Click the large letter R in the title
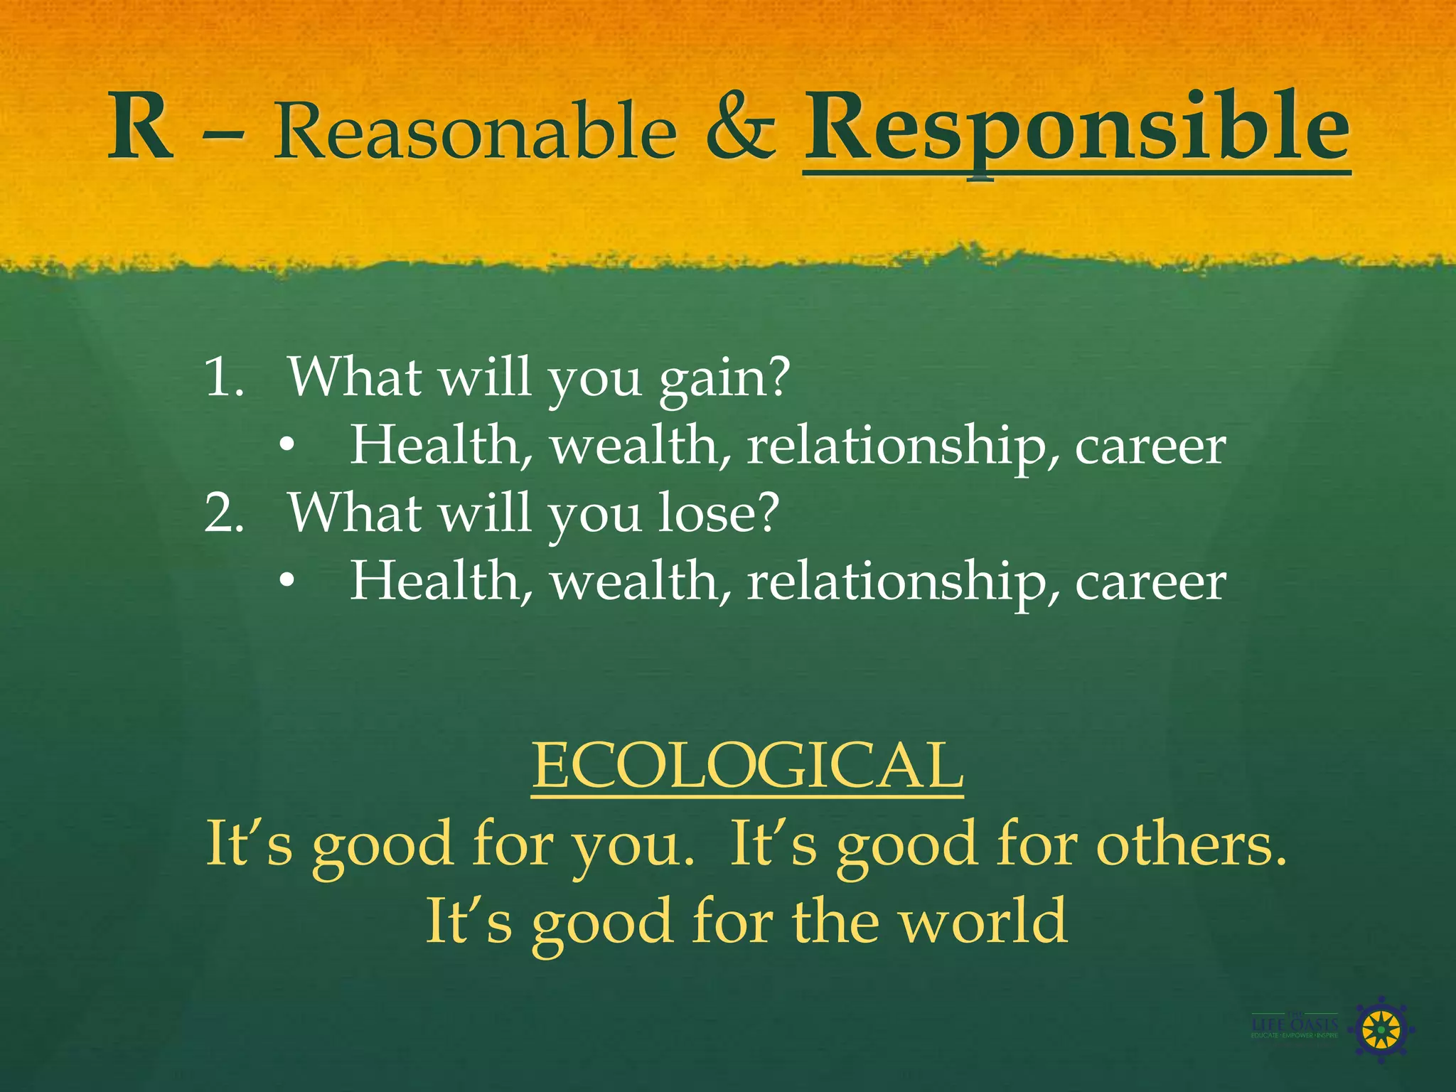140,129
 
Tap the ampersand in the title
740,129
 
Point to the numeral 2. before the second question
223,513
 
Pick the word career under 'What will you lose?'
1150,583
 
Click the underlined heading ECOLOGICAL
747,766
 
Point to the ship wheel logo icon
1381,1029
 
